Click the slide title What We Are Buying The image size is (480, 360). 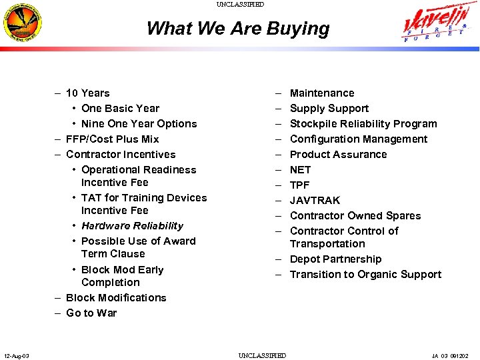click(x=237, y=29)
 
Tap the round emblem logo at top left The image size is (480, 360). click(x=22, y=23)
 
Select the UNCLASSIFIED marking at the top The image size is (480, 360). click(x=240, y=5)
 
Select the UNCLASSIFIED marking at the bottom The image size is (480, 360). click(x=262, y=355)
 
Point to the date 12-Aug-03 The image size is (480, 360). click(x=15, y=355)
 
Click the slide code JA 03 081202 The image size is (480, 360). click(x=449, y=355)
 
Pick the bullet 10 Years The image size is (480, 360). click(x=88, y=93)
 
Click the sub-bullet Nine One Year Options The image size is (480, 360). click(x=139, y=124)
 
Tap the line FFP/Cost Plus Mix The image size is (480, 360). click(x=112, y=139)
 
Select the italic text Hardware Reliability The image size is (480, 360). click(x=132, y=226)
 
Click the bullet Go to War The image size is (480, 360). click(x=91, y=313)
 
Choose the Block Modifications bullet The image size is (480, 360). click(x=116, y=298)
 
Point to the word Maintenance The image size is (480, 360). click(x=322, y=93)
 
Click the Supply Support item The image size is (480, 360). click(x=329, y=109)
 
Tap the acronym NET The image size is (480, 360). click(x=300, y=170)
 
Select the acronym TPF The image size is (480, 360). click(x=299, y=185)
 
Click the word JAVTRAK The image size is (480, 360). click(x=315, y=201)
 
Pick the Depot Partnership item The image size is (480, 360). click(x=335, y=259)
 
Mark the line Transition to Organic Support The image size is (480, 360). click(x=365, y=275)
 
